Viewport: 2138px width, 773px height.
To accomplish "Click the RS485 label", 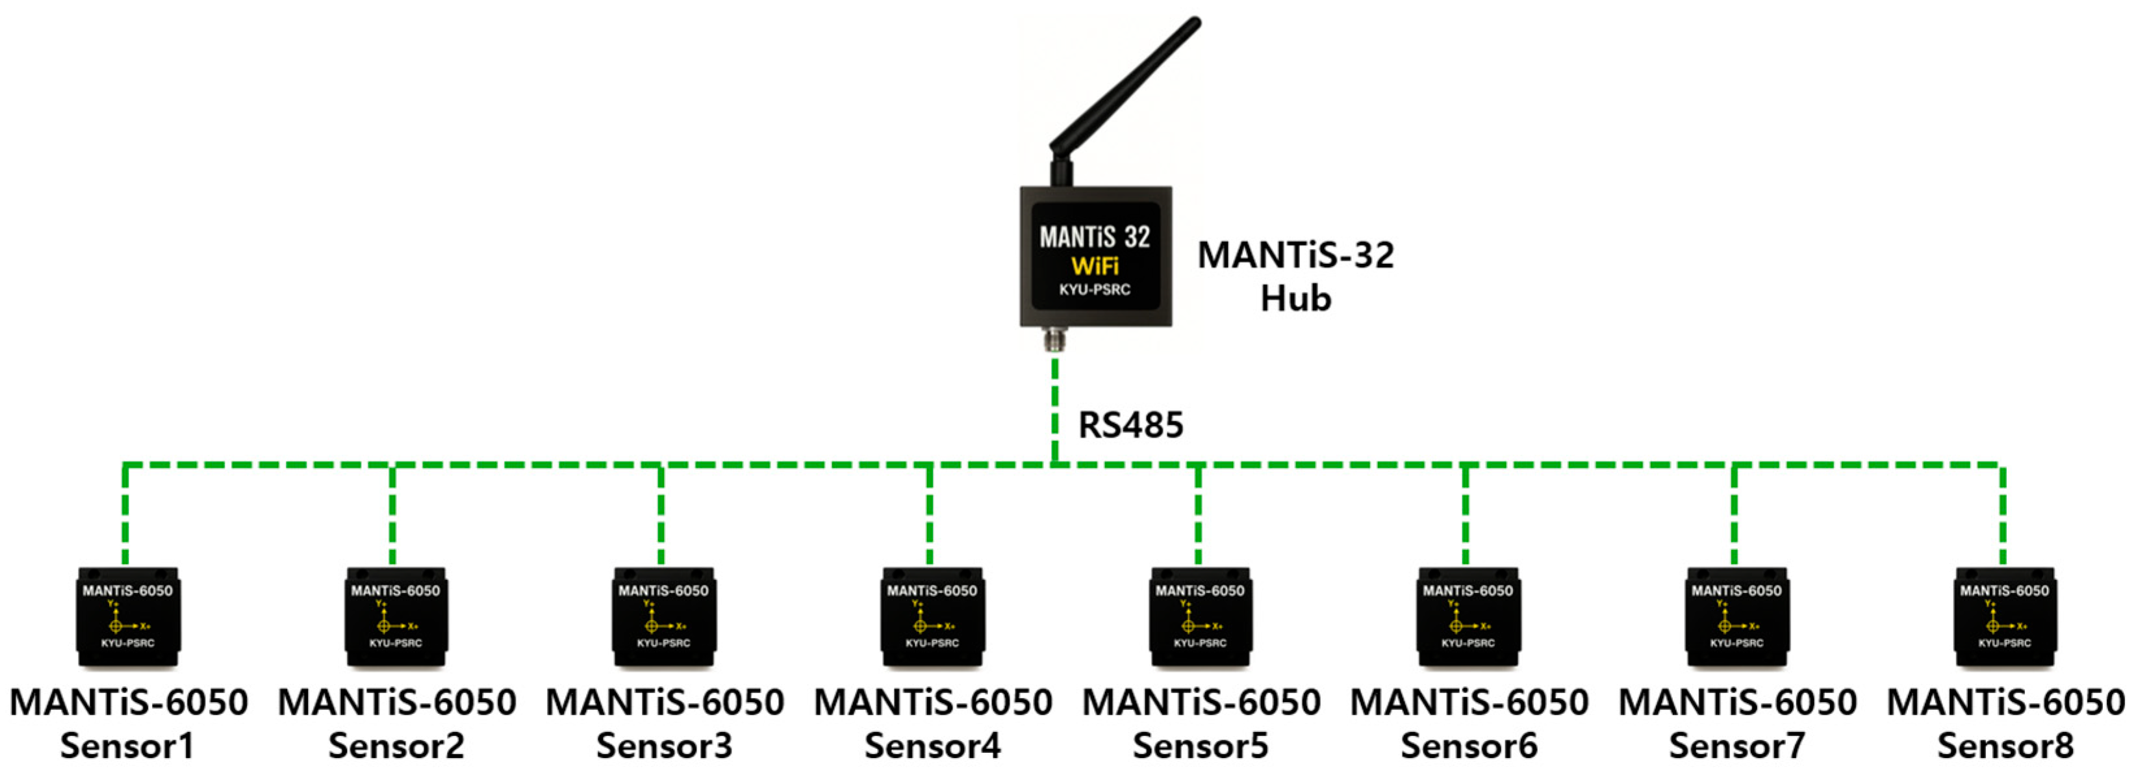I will tap(1130, 425).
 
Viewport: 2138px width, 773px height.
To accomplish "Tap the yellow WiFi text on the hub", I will tap(1095, 267).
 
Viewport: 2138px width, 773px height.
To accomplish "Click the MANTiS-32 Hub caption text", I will tap(1295, 276).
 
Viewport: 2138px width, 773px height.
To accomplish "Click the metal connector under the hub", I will tap(1055, 339).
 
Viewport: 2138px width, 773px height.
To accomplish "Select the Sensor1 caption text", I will tap(127, 746).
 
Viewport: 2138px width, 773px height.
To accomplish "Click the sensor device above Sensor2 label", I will tap(396, 616).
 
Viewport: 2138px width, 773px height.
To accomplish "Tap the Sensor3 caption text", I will tap(664, 746).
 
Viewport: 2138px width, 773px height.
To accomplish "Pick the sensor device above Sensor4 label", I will tap(932, 616).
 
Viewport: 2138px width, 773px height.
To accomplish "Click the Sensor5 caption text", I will tap(1200, 746).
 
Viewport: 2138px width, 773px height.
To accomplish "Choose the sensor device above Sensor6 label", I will tap(1468, 616).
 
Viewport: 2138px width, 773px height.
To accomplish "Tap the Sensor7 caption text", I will tap(1737, 746).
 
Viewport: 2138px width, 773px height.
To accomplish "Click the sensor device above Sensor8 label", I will tap(2004, 616).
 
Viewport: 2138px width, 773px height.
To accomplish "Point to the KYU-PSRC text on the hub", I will tap(1095, 290).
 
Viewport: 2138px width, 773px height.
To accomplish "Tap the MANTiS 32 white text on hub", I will tap(1095, 237).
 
